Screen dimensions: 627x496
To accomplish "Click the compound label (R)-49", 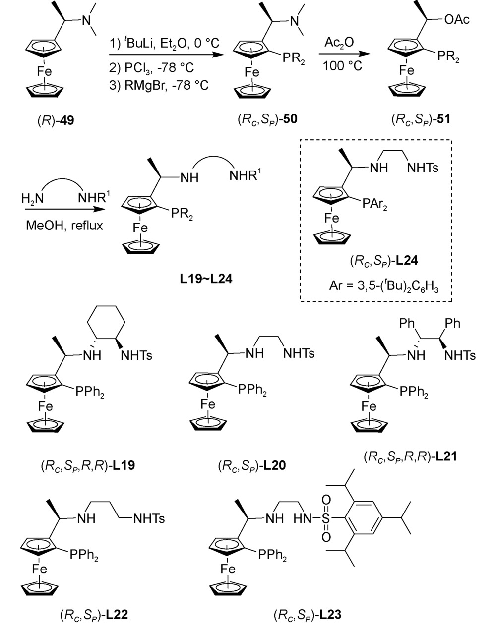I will pyautogui.click(x=55, y=120).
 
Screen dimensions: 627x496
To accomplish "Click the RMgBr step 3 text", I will pyautogui.click(x=159, y=85).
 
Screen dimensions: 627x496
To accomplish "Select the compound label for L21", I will pyautogui.click(x=410, y=456).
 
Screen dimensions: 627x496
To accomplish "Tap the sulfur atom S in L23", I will pyautogui.click(x=326, y=519).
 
